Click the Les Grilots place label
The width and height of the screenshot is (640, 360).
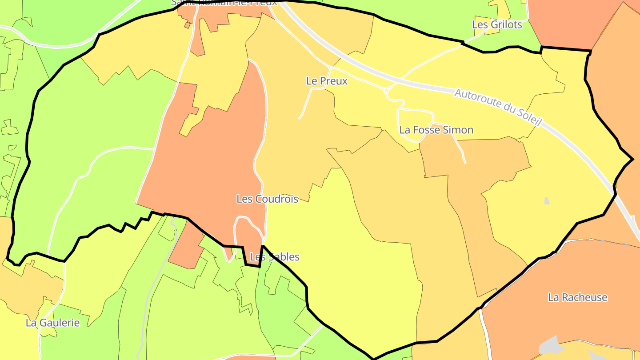tap(497, 25)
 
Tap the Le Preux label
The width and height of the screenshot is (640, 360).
tap(327, 81)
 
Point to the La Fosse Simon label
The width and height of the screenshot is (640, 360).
tap(436, 130)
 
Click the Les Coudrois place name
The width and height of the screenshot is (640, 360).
tap(267, 199)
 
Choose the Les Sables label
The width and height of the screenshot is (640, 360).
tap(275, 257)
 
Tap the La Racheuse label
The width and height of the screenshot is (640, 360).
tap(577, 297)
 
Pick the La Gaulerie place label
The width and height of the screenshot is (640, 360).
tap(52, 323)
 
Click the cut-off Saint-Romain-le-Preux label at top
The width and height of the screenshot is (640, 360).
tap(224, 3)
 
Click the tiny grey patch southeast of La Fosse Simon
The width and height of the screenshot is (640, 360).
tap(547, 201)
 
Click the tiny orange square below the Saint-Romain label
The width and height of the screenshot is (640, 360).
tap(187, 25)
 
